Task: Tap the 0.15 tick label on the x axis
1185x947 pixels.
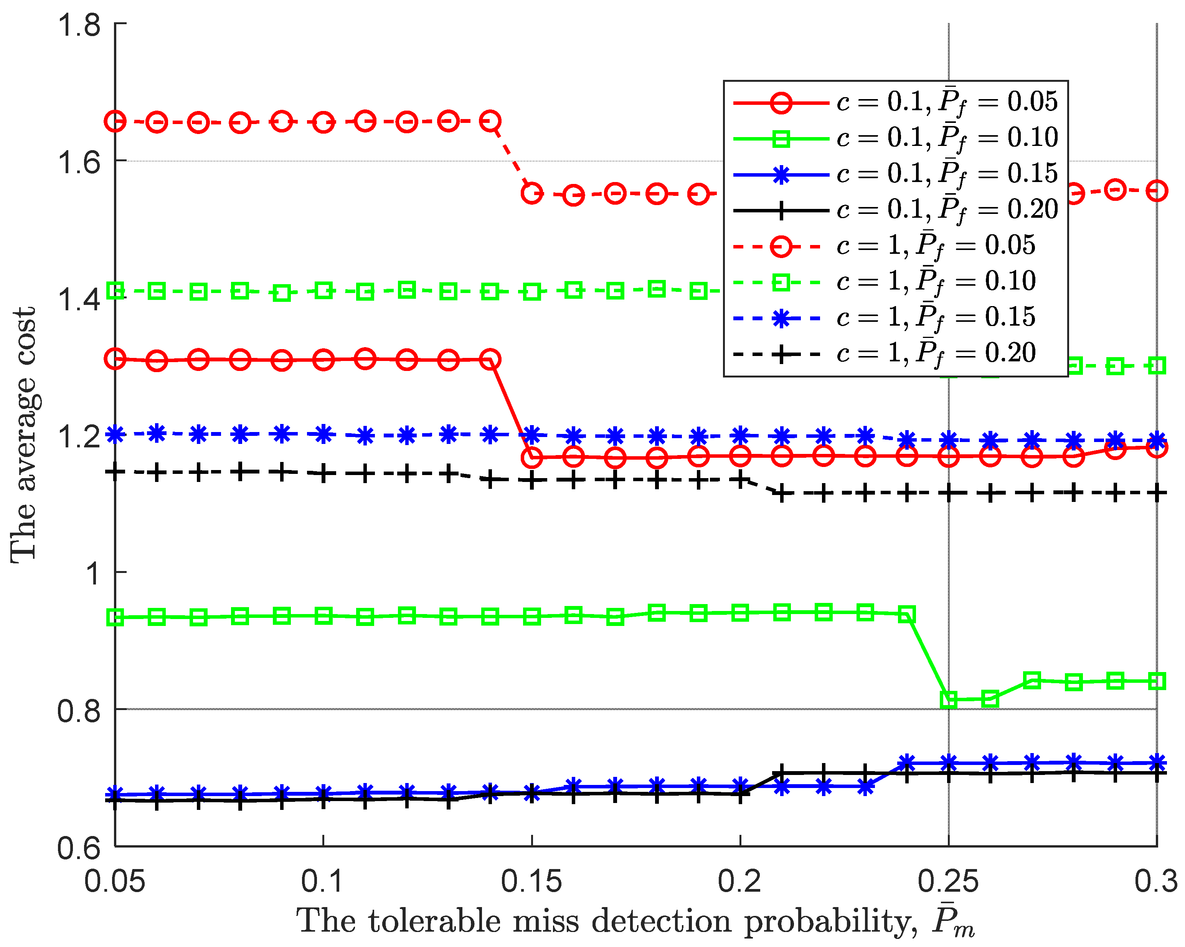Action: (x=531, y=881)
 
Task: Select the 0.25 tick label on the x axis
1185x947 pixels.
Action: (x=948, y=881)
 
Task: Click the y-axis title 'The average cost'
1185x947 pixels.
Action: (x=23, y=434)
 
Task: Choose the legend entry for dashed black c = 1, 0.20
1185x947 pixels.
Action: (x=885, y=354)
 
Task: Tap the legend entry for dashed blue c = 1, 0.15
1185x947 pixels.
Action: (x=885, y=318)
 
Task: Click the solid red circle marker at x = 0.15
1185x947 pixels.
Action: (x=531, y=457)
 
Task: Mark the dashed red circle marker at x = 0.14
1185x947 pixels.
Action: (x=490, y=121)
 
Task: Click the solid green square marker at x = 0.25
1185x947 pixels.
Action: (x=949, y=700)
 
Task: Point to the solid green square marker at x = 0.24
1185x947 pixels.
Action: (x=907, y=615)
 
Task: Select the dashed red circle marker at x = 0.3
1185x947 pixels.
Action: (x=1157, y=191)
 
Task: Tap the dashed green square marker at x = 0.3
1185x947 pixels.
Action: (x=1157, y=366)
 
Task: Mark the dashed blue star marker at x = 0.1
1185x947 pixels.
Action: (x=323, y=434)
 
